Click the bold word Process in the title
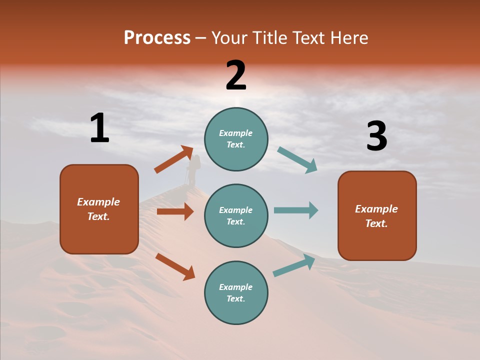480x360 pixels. (157, 38)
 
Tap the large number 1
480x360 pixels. (99, 128)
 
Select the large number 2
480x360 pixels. (236, 76)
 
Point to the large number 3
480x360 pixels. (376, 137)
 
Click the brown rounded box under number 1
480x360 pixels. (99, 209)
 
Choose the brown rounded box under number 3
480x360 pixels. (377, 215)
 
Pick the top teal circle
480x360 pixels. (236, 139)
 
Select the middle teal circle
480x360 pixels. (236, 215)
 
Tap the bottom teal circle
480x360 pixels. (236, 292)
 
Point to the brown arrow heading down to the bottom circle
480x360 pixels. (175, 266)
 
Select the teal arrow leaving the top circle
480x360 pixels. (297, 160)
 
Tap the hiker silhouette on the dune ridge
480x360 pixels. (192, 170)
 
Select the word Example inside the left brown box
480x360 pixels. (98, 202)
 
